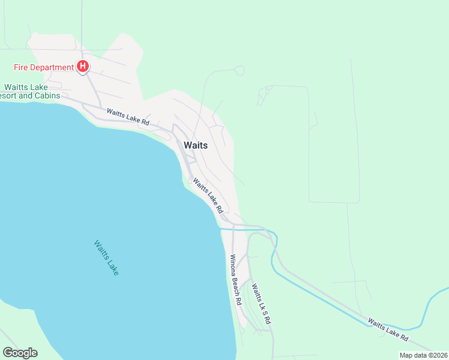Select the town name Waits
point(196,145)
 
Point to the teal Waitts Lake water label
point(106,258)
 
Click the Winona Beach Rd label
point(235,280)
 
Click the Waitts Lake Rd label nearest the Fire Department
point(128,116)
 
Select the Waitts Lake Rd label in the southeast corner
point(388,331)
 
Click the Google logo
point(20,353)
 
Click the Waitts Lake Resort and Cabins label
point(30,91)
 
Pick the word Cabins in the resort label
point(47,95)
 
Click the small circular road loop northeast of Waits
point(240,71)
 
